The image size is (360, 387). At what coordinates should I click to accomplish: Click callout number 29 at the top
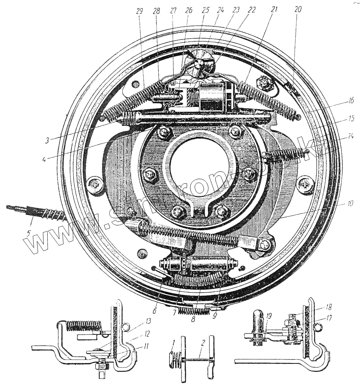point(139,11)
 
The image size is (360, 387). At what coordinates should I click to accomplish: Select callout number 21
point(274,10)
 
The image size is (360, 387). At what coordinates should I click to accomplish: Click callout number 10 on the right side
point(350,203)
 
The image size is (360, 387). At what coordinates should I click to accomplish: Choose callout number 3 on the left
point(47,140)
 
